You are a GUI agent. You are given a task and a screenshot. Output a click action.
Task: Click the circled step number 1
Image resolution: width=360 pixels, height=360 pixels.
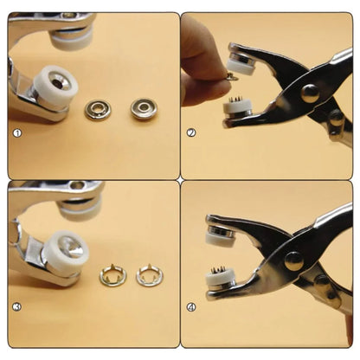(x=16, y=133)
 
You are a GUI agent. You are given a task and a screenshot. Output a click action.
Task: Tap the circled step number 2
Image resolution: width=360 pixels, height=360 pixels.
(x=191, y=133)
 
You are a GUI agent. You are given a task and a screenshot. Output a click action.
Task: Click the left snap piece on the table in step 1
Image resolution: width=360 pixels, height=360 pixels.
(x=97, y=110)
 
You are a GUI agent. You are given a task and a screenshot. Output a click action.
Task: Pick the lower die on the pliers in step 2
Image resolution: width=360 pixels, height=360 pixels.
(x=237, y=111)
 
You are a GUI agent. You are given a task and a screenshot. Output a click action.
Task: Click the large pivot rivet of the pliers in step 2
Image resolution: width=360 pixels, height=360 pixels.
(x=308, y=93)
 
